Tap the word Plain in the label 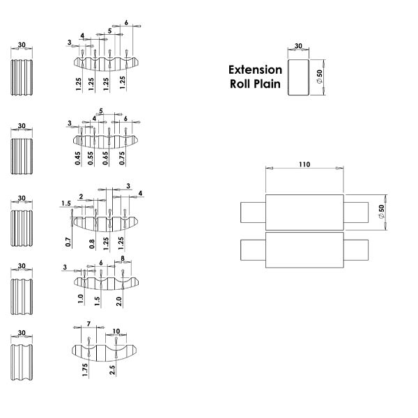(266, 84)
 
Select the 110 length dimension (304, 165)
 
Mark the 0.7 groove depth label (68, 242)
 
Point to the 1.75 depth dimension (84, 369)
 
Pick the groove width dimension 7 (88, 324)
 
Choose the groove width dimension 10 (115, 330)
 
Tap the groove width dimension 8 (123, 258)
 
